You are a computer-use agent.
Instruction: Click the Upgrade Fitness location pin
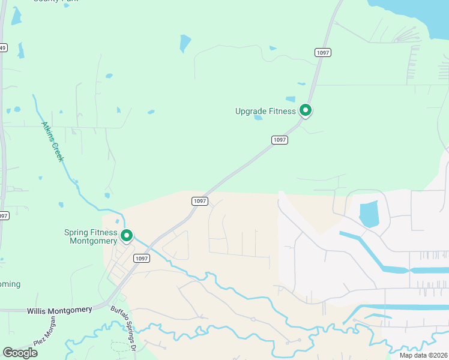coord(306,110)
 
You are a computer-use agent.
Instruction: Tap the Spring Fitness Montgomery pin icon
coord(127,236)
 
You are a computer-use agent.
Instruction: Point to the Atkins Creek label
coord(53,142)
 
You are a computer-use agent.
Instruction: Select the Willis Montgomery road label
coord(59,310)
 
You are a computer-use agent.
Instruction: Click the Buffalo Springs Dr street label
coord(125,331)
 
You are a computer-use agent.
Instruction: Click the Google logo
coord(20,352)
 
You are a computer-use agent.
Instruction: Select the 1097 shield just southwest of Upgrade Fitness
coord(280,140)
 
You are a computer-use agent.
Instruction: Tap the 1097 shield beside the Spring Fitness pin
coord(140,259)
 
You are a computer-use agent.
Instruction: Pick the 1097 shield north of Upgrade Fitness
coord(323,53)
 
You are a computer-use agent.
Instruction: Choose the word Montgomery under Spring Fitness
coord(93,241)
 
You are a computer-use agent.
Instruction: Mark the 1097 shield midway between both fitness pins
coord(200,201)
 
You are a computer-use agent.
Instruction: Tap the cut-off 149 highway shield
coord(3,48)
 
